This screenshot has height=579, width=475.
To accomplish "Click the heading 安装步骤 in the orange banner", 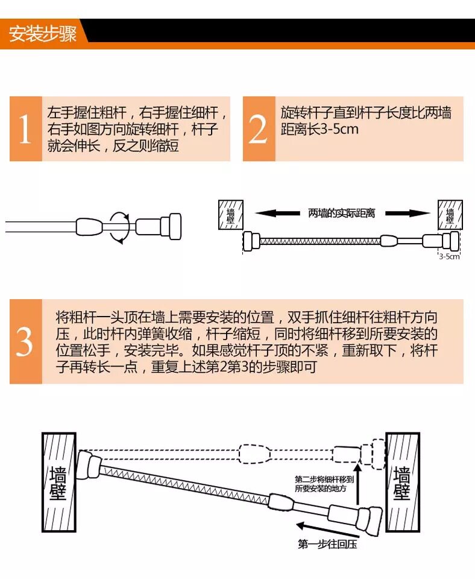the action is tap(42, 34).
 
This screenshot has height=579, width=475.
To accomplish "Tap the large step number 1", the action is tap(25, 129).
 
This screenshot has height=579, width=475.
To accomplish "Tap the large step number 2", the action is tap(259, 129).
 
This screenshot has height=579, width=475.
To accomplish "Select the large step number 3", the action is tap(25, 342).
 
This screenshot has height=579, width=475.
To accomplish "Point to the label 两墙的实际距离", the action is tap(341, 213).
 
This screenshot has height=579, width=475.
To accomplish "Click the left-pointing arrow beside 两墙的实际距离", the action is tap(277, 213).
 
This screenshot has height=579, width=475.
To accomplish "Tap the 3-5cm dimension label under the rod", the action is tap(449, 257).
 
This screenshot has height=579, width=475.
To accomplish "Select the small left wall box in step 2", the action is tap(231, 215).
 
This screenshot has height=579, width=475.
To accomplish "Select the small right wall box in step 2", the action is tap(450, 215).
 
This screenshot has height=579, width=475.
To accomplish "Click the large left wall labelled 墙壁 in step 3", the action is tap(59, 482).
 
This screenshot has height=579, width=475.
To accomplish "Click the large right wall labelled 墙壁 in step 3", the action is tap(403, 482).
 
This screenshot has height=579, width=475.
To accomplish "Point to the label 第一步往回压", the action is tap(327, 544).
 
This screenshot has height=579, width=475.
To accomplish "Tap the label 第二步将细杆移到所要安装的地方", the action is tap(324, 484).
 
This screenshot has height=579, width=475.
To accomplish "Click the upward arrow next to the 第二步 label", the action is tap(357, 484).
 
